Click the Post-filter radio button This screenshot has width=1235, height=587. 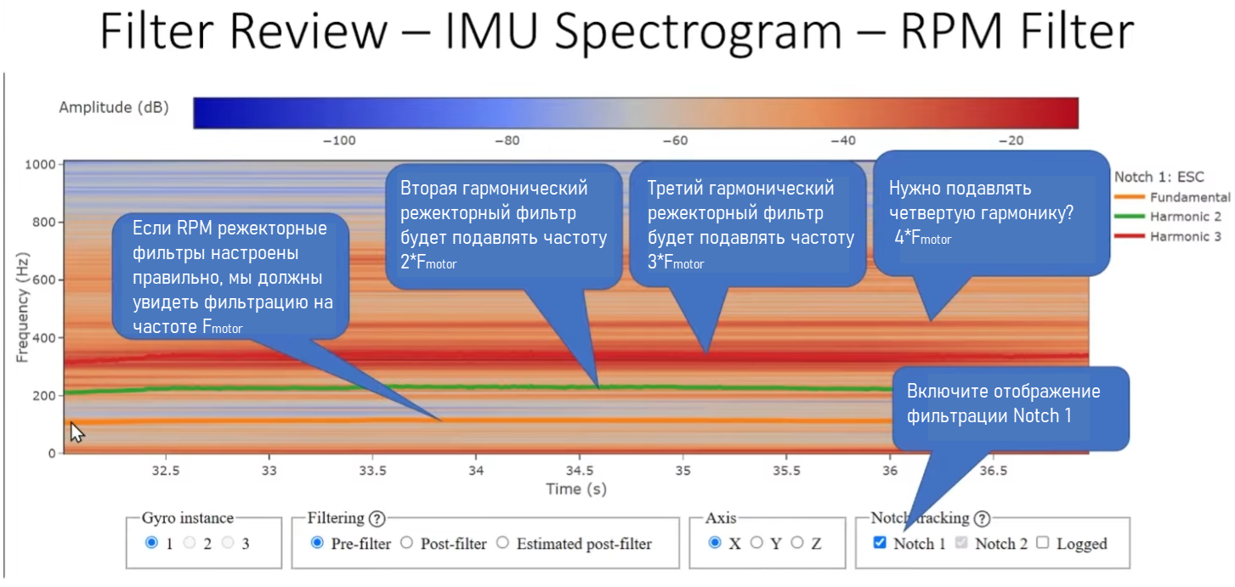coord(406,543)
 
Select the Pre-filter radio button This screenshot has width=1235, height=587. coord(318,543)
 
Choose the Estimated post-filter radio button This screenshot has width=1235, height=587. coord(503,543)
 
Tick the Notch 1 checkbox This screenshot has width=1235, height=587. coord(880,543)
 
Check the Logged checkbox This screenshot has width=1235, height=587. coord(1043,543)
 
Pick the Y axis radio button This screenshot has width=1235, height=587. coord(756,543)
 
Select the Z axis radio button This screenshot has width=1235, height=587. coord(797,543)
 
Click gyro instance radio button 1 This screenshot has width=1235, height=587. coord(151,543)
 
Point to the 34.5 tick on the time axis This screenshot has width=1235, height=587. coord(579,470)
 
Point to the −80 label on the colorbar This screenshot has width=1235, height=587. coord(507,141)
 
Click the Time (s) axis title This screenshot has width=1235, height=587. coord(575,489)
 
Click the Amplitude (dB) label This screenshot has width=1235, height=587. coord(114,108)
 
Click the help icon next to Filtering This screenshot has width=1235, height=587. coord(377,518)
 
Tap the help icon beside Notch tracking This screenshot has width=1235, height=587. coord(983,518)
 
